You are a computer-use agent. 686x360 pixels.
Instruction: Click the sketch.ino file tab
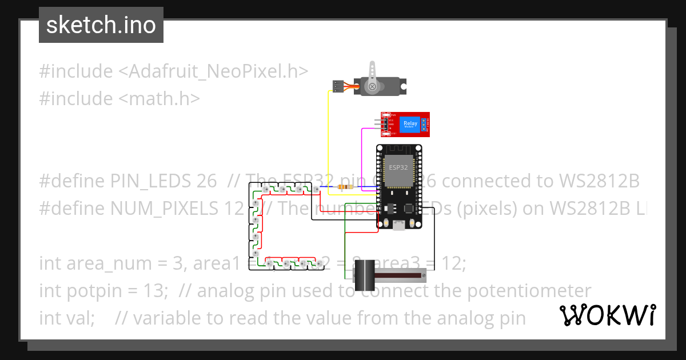[x=101, y=25]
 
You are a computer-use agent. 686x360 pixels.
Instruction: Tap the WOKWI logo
[x=607, y=315]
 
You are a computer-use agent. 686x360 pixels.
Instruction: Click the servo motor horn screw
[x=372, y=87]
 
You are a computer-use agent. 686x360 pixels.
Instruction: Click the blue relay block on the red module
[x=410, y=125]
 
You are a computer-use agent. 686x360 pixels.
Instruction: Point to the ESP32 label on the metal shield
[x=398, y=167]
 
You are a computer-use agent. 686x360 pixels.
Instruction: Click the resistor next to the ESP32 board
[x=345, y=187]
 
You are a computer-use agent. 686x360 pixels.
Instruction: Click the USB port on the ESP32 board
[x=398, y=226]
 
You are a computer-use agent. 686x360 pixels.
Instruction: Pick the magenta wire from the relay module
[x=362, y=160]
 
